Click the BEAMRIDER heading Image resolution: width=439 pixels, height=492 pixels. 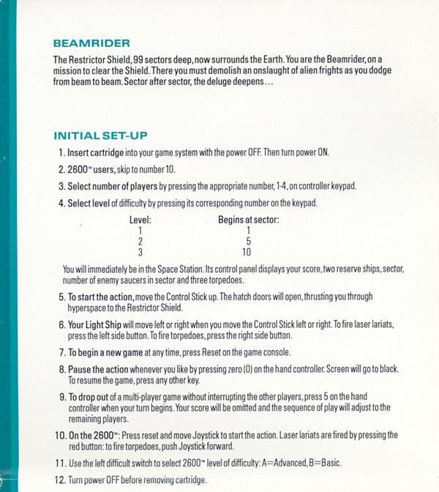91,45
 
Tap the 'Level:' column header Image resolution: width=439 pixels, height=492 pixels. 140,220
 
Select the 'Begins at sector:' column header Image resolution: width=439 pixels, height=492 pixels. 249,220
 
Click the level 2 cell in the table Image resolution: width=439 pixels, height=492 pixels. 140,241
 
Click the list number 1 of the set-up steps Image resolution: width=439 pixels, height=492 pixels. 61,154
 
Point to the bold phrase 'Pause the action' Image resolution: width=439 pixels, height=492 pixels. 100,370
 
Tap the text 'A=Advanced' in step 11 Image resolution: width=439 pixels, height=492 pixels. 294,463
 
